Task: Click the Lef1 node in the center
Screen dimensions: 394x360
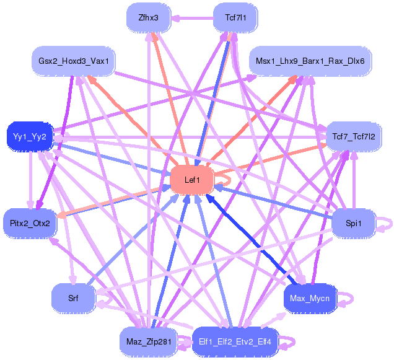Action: [192, 180]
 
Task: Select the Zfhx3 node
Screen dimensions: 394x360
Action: [149, 17]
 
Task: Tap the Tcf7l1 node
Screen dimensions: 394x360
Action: [235, 17]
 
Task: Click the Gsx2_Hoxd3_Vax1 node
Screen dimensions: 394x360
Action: [73, 61]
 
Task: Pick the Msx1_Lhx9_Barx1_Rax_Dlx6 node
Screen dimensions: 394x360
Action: [310, 61]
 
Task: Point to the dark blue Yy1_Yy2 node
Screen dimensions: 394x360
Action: [30, 136]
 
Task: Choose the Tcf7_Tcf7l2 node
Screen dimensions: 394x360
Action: [354, 136]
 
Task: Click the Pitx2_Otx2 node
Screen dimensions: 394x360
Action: [30, 223]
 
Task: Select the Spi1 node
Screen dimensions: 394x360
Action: [354, 223]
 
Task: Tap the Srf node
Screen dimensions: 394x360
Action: [73, 298]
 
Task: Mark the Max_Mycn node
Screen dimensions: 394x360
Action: [310, 298]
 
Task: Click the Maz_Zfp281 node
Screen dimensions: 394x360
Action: [149, 341]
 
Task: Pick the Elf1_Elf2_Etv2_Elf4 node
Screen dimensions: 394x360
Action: [235, 341]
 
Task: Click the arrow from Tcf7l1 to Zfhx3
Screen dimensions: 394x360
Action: [192, 18]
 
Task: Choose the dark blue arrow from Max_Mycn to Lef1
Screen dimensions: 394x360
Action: [252, 239]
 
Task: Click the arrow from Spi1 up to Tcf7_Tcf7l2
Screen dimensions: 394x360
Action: [354, 180]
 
